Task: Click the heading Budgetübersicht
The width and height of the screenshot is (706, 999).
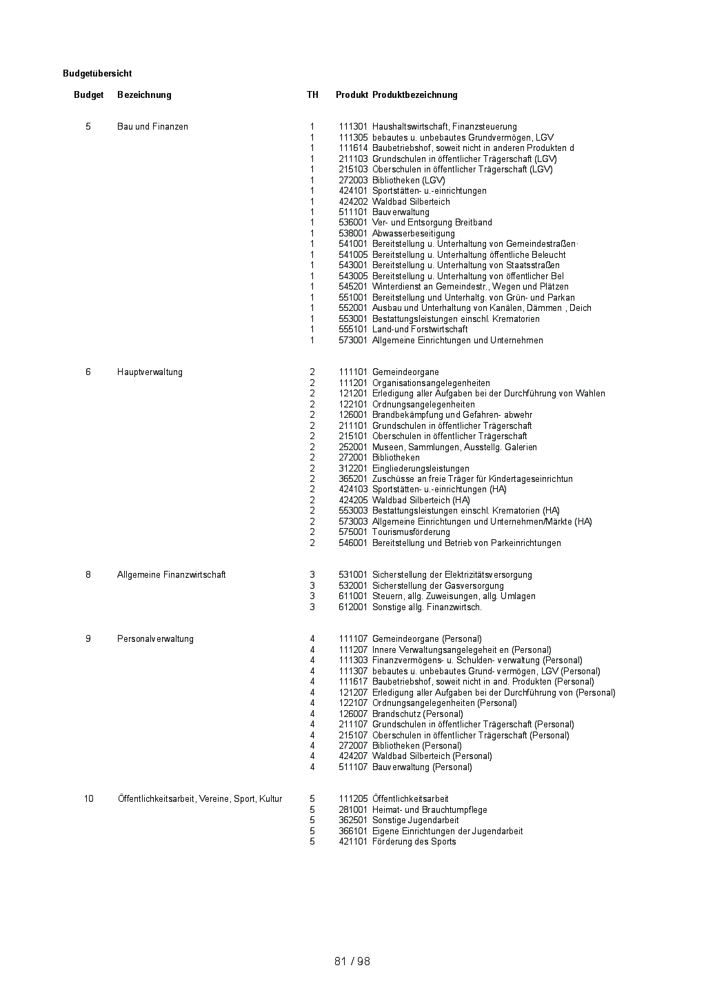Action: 97,74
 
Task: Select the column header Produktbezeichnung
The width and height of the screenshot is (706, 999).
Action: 414,95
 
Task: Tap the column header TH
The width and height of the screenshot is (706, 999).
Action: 312,95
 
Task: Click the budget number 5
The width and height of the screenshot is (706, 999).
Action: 88,127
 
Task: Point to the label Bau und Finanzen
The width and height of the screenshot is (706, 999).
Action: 152,127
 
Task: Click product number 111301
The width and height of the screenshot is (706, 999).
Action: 353,127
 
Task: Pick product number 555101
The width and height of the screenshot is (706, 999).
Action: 353,330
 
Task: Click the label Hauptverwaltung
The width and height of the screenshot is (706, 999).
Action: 150,372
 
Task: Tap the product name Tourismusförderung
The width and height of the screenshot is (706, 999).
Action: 411,532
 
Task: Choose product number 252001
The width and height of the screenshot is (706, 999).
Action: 353,447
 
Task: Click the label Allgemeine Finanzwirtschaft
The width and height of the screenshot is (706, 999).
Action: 171,575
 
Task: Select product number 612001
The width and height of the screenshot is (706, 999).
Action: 353,607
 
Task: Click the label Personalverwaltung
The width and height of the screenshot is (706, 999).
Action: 155,639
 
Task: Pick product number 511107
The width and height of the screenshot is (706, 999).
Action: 353,767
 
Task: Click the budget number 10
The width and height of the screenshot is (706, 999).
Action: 89,799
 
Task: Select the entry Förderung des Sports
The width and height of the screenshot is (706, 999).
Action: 414,842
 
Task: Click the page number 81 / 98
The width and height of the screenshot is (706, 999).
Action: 352,961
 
